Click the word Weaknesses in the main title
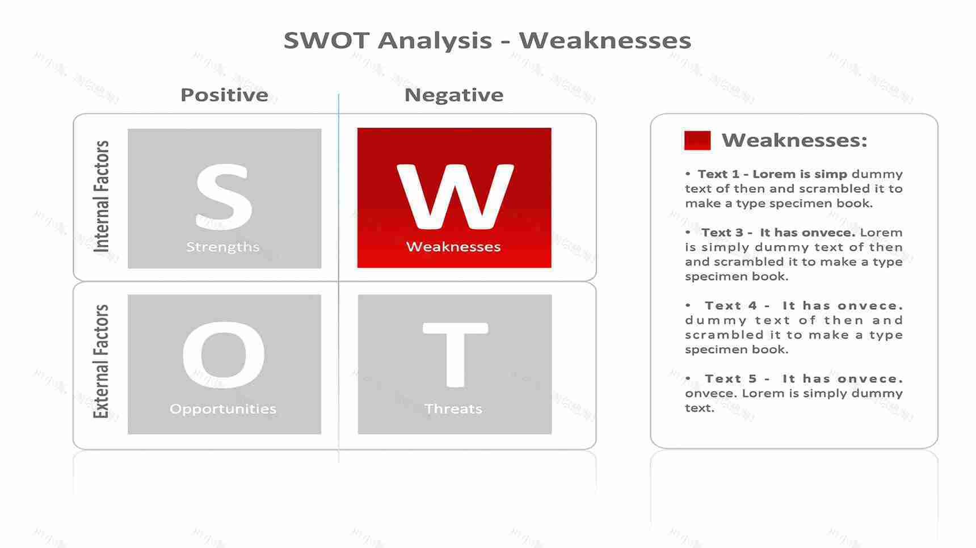(x=605, y=40)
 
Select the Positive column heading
(x=224, y=95)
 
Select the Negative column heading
(x=453, y=95)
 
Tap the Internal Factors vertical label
(x=101, y=196)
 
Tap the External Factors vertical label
(x=101, y=362)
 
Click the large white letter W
(x=455, y=196)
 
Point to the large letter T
(x=455, y=355)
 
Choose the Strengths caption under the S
(x=223, y=247)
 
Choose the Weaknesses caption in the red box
(x=453, y=247)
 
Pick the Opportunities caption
(x=223, y=409)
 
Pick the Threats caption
(x=453, y=409)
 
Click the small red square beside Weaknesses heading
(x=697, y=140)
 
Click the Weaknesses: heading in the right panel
(x=794, y=140)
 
